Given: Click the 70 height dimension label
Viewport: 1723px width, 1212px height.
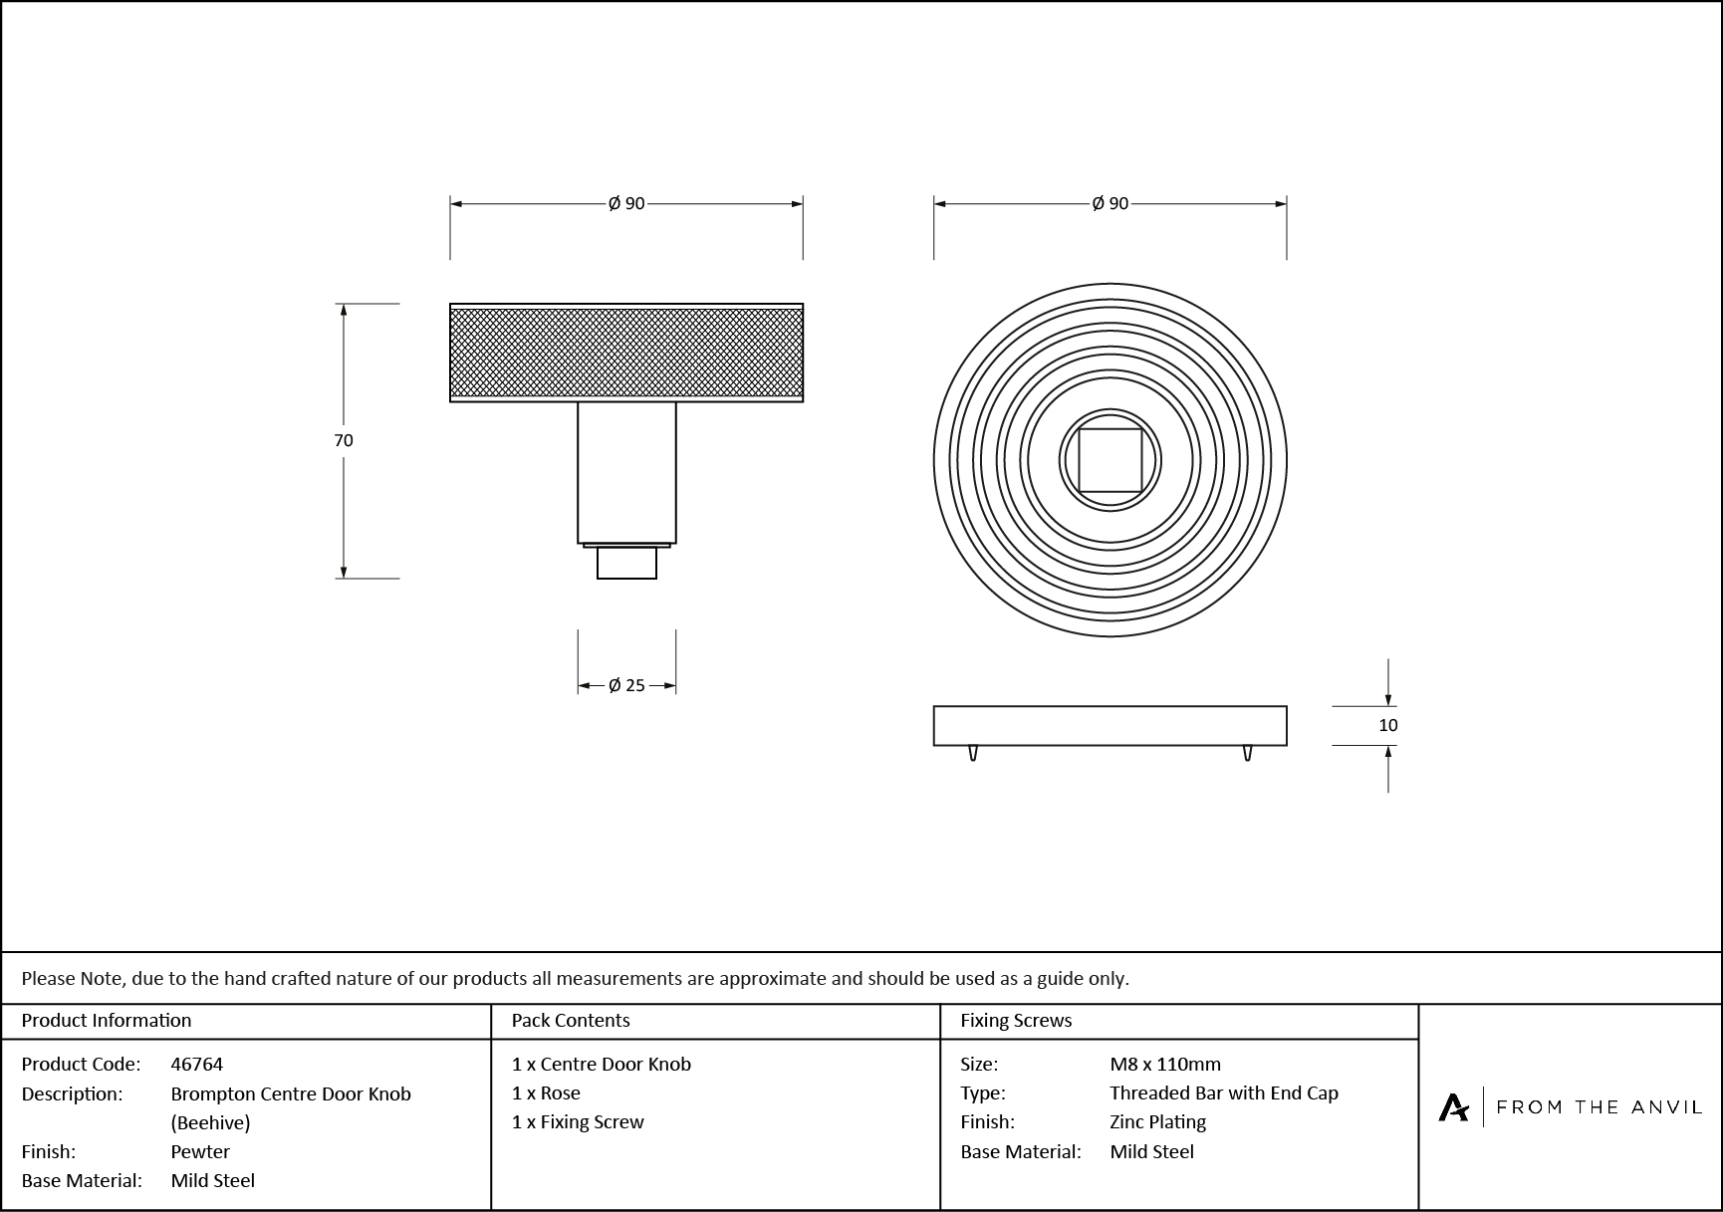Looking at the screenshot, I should [344, 440].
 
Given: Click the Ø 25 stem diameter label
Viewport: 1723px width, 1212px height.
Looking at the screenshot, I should [626, 685].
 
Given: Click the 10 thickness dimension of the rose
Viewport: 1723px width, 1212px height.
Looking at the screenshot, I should [1387, 725].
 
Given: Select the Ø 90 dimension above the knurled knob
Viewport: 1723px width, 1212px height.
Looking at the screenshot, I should [626, 203].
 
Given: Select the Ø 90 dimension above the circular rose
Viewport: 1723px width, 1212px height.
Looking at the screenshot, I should [1109, 203].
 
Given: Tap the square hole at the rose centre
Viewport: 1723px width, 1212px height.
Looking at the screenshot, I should [1109, 460].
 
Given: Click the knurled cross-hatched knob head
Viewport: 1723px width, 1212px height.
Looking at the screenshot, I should [626, 353].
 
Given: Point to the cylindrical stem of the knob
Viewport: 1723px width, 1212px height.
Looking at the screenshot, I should [626, 472].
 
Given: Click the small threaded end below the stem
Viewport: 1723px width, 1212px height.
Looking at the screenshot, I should [626, 563].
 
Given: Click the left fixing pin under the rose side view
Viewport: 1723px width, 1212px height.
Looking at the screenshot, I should [973, 753].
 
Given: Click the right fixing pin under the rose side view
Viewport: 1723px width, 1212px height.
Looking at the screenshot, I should [1247, 753].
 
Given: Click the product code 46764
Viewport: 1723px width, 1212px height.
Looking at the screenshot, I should [197, 1064].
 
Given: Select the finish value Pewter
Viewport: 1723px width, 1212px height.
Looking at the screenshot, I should [200, 1151].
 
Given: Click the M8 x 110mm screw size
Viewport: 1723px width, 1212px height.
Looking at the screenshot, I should [1165, 1064].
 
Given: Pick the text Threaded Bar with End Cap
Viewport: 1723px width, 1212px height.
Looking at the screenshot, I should [1224, 1092].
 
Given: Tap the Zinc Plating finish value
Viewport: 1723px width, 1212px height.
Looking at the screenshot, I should [1157, 1121].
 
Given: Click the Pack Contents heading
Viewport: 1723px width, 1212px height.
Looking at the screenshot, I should [571, 1020].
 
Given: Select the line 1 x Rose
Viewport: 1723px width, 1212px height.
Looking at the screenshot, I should [546, 1092].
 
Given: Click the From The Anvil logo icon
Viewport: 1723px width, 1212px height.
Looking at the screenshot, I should [1453, 1106].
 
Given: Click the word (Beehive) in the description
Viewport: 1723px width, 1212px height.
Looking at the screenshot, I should [210, 1122].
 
